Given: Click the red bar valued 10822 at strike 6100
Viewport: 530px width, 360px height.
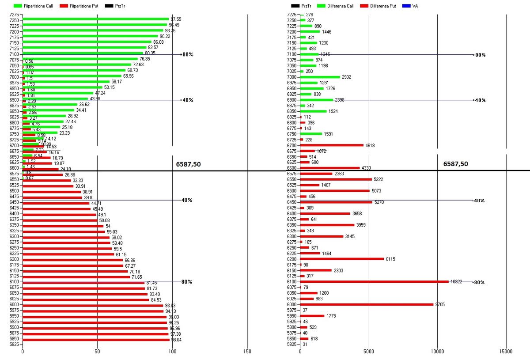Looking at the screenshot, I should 374,281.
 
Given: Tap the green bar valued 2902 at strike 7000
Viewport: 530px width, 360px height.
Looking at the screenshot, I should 320,77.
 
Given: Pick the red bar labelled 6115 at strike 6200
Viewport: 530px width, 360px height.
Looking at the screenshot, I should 341,259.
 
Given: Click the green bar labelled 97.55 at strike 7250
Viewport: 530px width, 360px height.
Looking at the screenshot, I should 95,19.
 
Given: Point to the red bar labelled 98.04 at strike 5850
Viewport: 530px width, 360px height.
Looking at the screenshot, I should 96,339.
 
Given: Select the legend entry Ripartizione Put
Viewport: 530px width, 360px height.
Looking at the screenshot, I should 84,6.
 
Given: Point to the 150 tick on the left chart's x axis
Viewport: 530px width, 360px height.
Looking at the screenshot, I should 247,352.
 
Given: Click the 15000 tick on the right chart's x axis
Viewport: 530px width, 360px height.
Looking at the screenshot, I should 506,352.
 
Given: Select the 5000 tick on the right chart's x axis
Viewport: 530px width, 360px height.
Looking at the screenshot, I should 369,352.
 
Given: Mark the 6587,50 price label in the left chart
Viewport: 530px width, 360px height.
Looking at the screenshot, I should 189,164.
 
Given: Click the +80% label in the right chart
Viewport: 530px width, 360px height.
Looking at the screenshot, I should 479,55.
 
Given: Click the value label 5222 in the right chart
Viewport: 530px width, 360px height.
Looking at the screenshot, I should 380,179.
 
